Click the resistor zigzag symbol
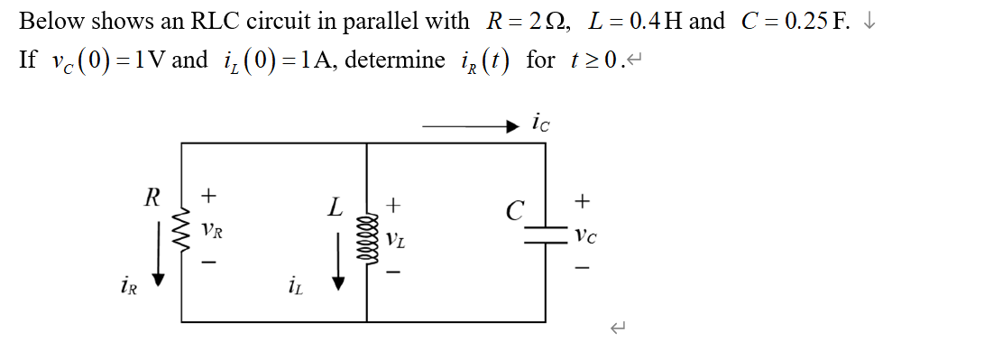point(183,232)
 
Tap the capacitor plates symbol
point(545,232)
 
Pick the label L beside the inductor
point(336,208)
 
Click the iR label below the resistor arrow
point(129,288)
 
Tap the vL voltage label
point(394,240)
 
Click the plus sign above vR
point(209,194)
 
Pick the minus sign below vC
point(584,269)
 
